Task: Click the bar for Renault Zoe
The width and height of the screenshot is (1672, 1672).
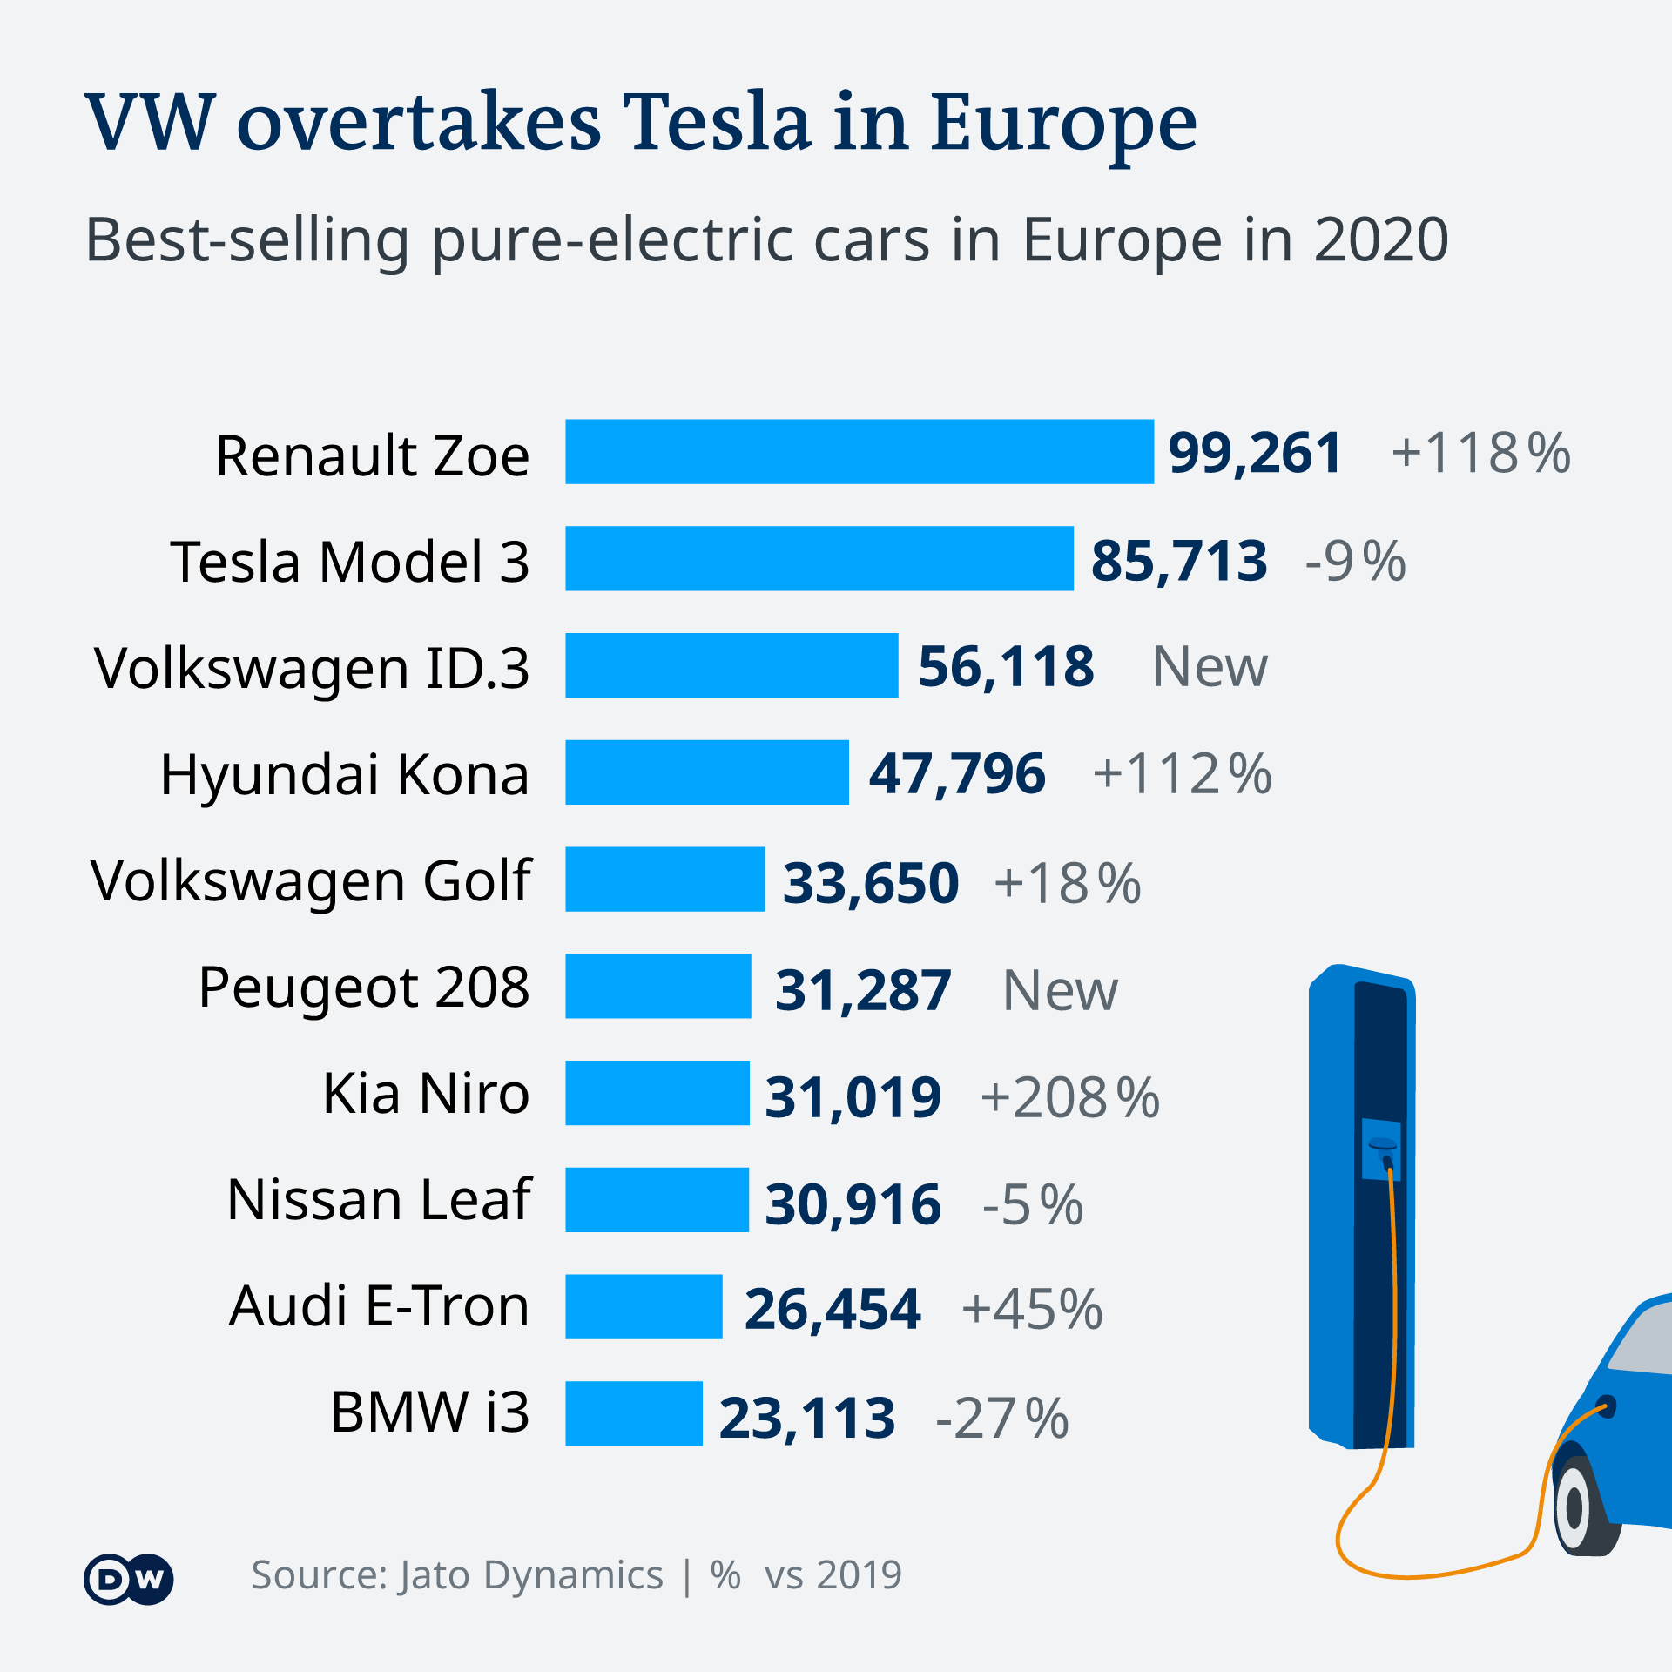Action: click(x=860, y=452)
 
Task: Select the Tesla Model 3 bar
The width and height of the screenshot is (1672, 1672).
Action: click(x=819, y=558)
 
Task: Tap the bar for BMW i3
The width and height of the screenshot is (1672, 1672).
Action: click(x=634, y=1413)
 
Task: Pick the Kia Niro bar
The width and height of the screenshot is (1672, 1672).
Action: click(x=657, y=1093)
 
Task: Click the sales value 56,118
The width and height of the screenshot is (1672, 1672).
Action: click(x=1006, y=667)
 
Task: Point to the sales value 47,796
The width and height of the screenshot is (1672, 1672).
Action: click(x=957, y=774)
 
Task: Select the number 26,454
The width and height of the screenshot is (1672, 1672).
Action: click(x=833, y=1309)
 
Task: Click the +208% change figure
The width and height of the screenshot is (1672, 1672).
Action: click(x=1070, y=1097)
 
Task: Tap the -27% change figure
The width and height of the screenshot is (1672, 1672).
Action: click(x=1002, y=1418)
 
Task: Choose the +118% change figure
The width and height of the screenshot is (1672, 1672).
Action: click(x=1481, y=454)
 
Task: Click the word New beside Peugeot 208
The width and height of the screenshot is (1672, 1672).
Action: click(x=1060, y=991)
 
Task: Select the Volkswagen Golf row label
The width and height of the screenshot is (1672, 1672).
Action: click(x=311, y=881)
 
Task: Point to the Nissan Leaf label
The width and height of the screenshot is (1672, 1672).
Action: click(x=379, y=1200)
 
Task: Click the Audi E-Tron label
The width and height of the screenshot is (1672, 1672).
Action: click(x=379, y=1306)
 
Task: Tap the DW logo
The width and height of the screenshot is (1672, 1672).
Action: click(x=129, y=1579)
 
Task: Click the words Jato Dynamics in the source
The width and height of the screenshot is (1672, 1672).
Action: click(x=531, y=1575)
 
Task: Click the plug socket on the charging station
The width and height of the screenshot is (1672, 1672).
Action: click(x=1382, y=1145)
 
